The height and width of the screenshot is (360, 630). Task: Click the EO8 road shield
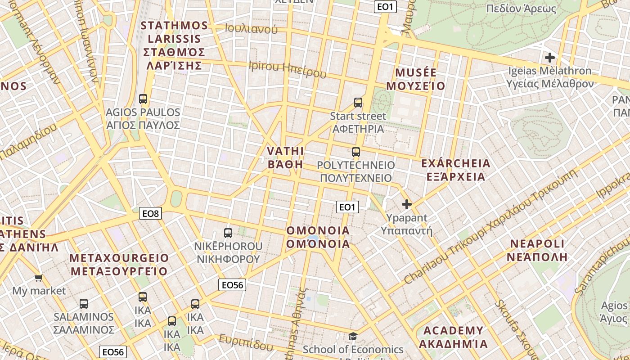tap(150, 213)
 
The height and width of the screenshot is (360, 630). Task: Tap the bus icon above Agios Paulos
tap(143, 99)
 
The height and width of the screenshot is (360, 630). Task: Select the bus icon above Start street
tap(358, 103)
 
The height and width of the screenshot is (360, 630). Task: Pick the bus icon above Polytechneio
tap(356, 152)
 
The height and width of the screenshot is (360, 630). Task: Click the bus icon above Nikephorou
tap(228, 233)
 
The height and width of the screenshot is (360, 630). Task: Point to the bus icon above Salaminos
tap(84, 304)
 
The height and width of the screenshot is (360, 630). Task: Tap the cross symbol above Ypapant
tap(407, 205)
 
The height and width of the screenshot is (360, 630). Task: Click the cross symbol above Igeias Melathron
tap(549, 58)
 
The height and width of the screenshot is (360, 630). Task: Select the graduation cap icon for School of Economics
tap(353, 337)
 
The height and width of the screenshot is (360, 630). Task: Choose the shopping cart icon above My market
tap(39, 278)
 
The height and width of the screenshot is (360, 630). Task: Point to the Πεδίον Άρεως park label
tap(521, 8)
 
